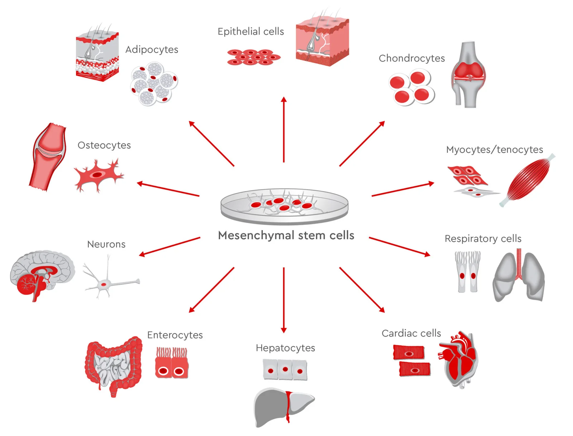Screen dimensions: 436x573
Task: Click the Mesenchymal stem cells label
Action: click(286, 236)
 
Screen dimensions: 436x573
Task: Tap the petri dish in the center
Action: click(284, 207)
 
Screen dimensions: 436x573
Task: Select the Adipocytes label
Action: click(151, 49)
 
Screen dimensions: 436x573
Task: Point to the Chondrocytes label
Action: click(411, 58)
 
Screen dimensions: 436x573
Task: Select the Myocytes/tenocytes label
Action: click(494, 150)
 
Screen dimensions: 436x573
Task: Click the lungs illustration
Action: click(519, 276)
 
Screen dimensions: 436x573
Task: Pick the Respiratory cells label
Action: click(483, 238)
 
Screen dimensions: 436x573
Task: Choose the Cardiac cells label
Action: click(411, 333)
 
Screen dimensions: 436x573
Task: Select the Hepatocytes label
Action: click(285, 348)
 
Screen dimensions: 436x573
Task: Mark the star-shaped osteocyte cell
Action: click(97, 175)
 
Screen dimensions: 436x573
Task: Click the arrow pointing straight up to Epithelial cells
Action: click(284, 129)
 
